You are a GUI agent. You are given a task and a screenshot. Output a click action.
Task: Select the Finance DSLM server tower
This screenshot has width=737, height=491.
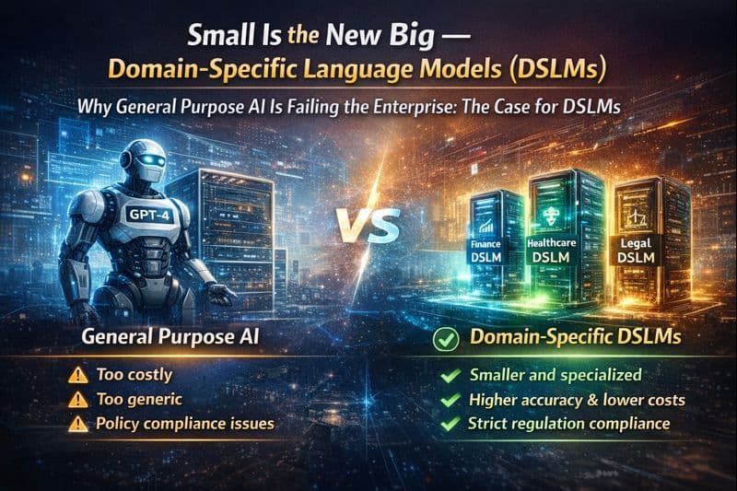click(x=485, y=242)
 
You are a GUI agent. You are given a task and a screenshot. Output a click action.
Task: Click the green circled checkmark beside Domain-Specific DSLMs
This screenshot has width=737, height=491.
click(x=445, y=339)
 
